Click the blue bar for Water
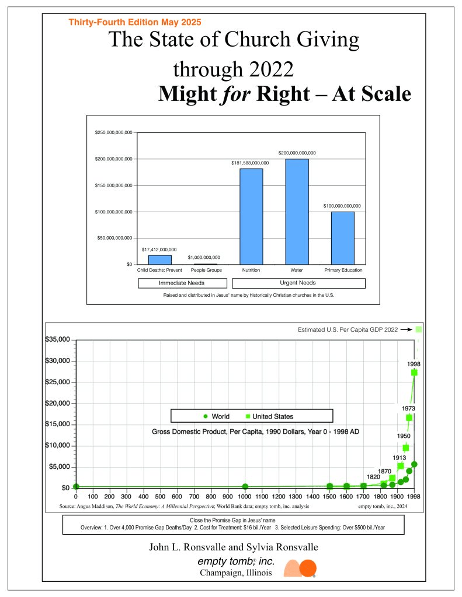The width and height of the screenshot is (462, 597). coord(297,212)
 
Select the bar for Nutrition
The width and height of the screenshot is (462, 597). coord(251,216)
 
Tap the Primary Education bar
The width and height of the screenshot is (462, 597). coord(342,238)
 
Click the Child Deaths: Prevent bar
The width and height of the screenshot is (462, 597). coord(159,259)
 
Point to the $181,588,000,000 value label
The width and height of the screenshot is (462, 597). coord(250,163)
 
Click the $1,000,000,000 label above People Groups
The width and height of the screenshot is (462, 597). coord(204,257)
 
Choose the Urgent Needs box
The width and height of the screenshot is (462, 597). coord(298,283)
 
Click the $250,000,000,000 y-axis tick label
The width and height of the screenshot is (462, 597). coord(113,133)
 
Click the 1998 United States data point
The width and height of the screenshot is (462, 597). coord(414,372)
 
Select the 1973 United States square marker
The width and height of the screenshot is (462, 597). coord(409,417)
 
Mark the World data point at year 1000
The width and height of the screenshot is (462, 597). coord(245,486)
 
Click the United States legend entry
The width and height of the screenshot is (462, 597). coord(269,416)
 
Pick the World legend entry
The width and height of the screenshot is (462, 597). coord(217,416)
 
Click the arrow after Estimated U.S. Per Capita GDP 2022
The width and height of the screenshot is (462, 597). coord(407,329)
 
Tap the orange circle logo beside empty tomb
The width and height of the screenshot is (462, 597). coord(307,568)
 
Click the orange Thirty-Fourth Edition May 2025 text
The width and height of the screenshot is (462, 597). coord(135,22)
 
